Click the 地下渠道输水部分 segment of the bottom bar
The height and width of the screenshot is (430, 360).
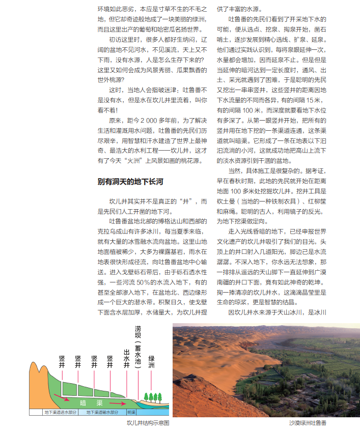(x=102, y=412)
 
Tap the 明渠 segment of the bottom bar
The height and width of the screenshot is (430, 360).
(x=131, y=412)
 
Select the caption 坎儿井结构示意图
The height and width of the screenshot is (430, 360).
(x=148, y=423)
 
